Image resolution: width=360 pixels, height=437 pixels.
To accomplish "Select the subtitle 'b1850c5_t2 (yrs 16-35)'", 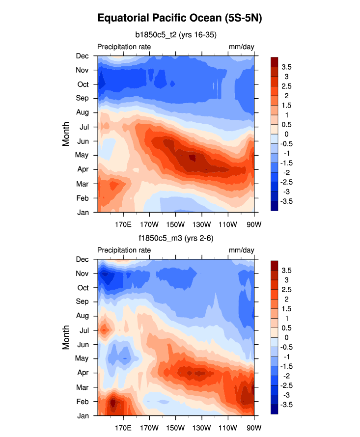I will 176,35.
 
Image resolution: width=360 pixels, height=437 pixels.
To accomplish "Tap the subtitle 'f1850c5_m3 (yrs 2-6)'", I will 176,238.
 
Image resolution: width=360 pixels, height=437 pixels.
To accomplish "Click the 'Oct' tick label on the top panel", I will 83,84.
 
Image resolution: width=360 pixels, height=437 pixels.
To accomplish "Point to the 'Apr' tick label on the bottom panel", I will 83,373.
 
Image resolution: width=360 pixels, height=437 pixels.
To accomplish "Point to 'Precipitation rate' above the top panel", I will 124,47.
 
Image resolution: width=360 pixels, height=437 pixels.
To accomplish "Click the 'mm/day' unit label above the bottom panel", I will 242,250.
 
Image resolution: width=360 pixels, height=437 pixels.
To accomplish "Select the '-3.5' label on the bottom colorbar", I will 287,405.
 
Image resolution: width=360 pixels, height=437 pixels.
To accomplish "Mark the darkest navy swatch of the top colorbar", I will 274,206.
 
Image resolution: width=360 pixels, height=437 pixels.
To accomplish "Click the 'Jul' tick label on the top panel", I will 83,127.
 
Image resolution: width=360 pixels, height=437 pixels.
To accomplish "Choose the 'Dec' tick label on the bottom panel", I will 83,259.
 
